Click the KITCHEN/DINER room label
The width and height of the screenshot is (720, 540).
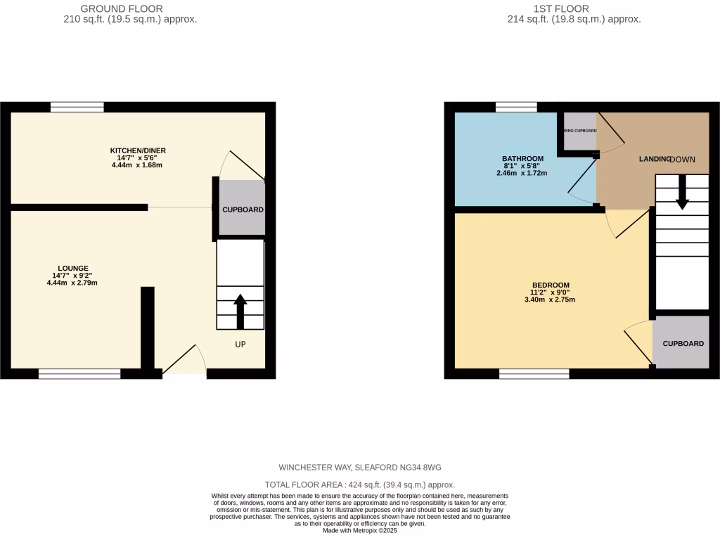click(x=137, y=150)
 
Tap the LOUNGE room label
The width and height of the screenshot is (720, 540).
click(x=73, y=268)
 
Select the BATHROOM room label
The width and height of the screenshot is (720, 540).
click(x=522, y=158)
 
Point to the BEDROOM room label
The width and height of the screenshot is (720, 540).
click(x=550, y=285)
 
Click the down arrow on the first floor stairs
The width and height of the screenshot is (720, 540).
click(x=682, y=192)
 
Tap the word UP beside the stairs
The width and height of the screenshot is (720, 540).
click(x=240, y=345)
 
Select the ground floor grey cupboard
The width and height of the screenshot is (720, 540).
click(x=243, y=210)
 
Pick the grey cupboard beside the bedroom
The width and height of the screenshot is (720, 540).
click(x=683, y=343)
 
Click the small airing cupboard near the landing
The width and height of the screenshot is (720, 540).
click(x=581, y=131)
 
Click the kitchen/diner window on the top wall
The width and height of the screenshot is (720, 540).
click(x=77, y=107)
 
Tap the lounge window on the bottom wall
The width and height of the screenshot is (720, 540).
click(x=79, y=373)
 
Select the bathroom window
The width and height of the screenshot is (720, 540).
click(x=515, y=107)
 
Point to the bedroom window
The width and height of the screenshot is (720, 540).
click(x=534, y=373)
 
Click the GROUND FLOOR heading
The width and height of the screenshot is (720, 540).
click(x=122, y=8)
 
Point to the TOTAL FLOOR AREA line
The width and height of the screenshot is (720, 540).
click(x=359, y=484)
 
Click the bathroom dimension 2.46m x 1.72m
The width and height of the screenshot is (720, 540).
click(x=522, y=172)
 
